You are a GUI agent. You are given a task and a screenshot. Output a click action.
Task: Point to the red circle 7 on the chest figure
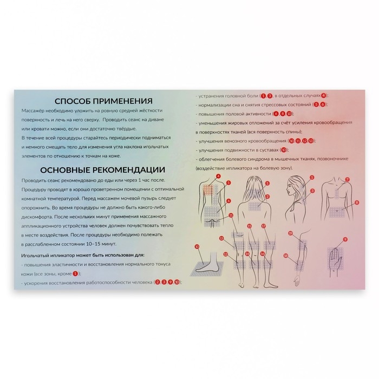point(347,179)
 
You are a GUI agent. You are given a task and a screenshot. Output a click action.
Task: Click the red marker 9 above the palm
point(345,239)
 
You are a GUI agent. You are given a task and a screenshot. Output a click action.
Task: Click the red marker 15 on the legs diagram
point(250,226)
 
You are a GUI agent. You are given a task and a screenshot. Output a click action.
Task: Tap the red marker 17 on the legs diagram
point(264,226)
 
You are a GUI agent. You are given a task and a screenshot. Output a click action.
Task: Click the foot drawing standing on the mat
point(208,265)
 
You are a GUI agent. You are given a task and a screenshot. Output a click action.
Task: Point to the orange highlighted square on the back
point(209,190)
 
